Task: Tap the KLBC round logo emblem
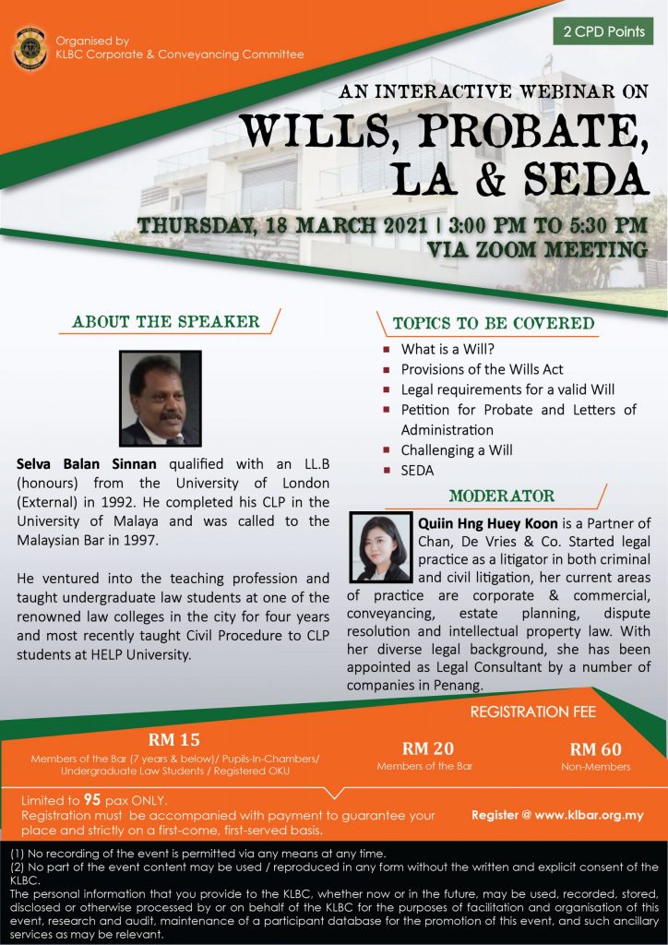[30, 48]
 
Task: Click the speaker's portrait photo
[161, 399]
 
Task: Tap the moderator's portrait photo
[381, 547]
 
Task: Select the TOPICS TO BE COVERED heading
[494, 324]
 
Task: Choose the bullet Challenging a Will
[456, 450]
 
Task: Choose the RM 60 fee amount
[595, 748]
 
